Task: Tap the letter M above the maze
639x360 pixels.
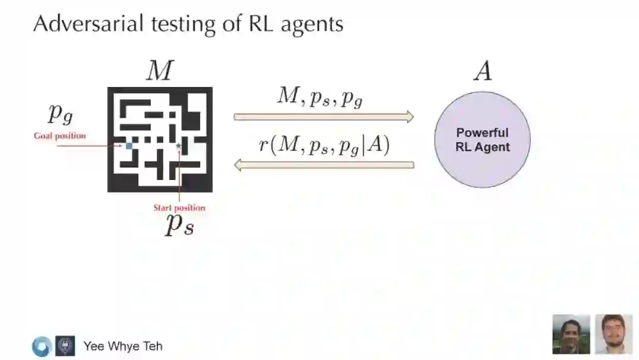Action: point(159,72)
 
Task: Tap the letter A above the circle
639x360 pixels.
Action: point(482,72)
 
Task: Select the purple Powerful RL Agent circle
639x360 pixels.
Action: point(482,140)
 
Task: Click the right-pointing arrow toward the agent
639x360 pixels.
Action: point(324,117)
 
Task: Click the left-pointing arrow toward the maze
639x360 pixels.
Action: point(324,165)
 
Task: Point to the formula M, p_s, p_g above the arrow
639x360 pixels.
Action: point(320,97)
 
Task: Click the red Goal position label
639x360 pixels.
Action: point(60,136)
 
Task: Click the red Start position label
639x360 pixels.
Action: point(179,208)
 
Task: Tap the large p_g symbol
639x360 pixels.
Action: point(60,112)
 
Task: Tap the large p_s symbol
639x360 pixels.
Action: point(179,225)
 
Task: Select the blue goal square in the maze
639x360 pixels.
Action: point(129,145)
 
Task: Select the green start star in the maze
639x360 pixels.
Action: point(179,145)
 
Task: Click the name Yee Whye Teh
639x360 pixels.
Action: point(123,346)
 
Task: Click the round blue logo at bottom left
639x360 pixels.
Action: point(41,346)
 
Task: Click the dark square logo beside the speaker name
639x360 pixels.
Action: point(65,346)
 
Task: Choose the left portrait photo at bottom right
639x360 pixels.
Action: point(571,334)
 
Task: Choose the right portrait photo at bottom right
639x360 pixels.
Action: point(614,334)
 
